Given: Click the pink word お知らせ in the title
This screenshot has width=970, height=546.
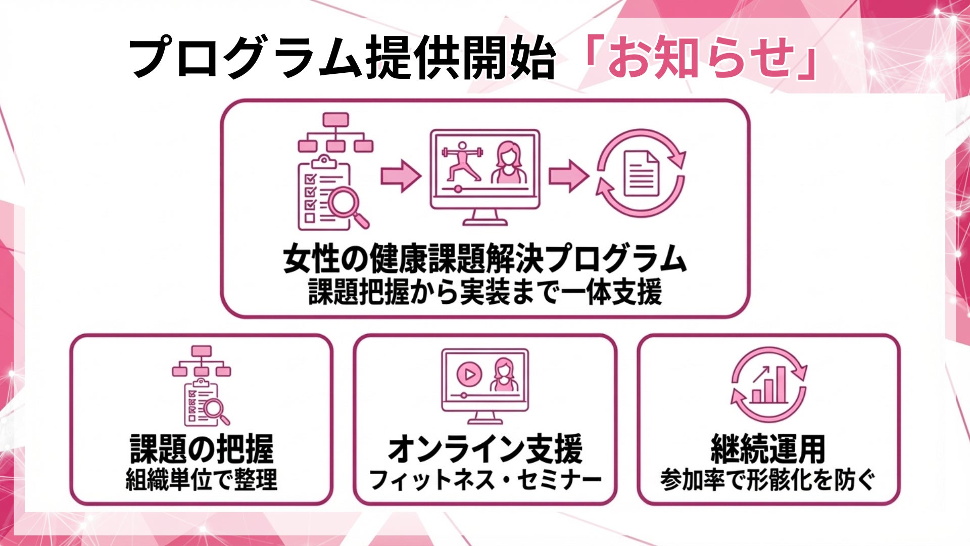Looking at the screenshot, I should coord(701,59).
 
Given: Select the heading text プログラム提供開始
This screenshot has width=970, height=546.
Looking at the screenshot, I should coord(342,59).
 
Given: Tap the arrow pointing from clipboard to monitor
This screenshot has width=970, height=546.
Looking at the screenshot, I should coord(400,175).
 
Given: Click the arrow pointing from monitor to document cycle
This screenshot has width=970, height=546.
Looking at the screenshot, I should coord(568,175).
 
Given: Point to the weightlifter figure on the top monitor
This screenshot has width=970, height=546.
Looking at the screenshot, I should coord(461,161).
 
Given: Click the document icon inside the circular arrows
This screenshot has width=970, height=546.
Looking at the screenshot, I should coord(641,173).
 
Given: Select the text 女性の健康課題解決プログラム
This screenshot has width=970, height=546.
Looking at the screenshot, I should coord(484,259).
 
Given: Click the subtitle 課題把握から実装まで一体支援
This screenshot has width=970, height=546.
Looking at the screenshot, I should coord(484,293).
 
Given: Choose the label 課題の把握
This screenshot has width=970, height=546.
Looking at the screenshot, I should coord(202,449).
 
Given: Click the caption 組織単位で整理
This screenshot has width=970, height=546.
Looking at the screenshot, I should coord(202,479).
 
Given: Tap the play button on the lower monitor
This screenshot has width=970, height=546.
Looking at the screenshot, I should coord(469,374).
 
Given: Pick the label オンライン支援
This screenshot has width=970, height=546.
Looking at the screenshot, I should coord(485,449).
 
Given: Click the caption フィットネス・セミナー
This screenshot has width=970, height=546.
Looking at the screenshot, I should coord(485,479).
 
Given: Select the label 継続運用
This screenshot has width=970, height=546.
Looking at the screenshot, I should coord(768,449).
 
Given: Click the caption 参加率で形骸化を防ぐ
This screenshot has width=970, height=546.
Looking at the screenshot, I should coord(768,479).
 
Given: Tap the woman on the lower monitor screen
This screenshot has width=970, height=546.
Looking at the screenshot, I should coord(503,375).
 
